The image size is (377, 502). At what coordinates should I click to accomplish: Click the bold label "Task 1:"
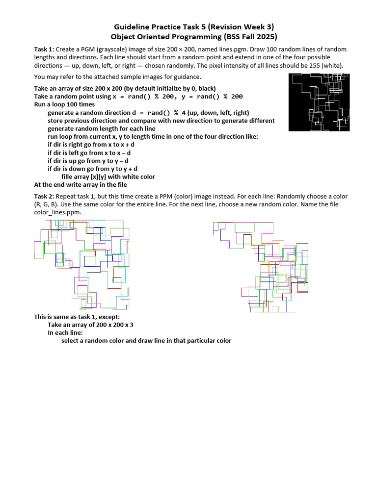(x=44, y=50)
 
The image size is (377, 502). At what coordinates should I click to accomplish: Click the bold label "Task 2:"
(x=44, y=196)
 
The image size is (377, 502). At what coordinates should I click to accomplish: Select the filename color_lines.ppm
(x=57, y=212)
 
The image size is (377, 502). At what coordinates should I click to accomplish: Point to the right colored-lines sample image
(x=261, y=267)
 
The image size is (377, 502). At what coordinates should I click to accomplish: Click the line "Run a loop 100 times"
(x=64, y=104)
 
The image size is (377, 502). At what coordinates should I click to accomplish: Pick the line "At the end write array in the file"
(x=80, y=185)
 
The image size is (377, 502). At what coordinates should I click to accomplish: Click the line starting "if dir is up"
(x=88, y=160)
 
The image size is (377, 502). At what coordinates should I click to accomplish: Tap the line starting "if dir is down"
(x=92, y=169)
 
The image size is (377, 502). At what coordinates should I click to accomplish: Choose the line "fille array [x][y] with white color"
(x=108, y=176)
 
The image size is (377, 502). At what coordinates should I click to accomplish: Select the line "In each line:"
(x=65, y=332)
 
